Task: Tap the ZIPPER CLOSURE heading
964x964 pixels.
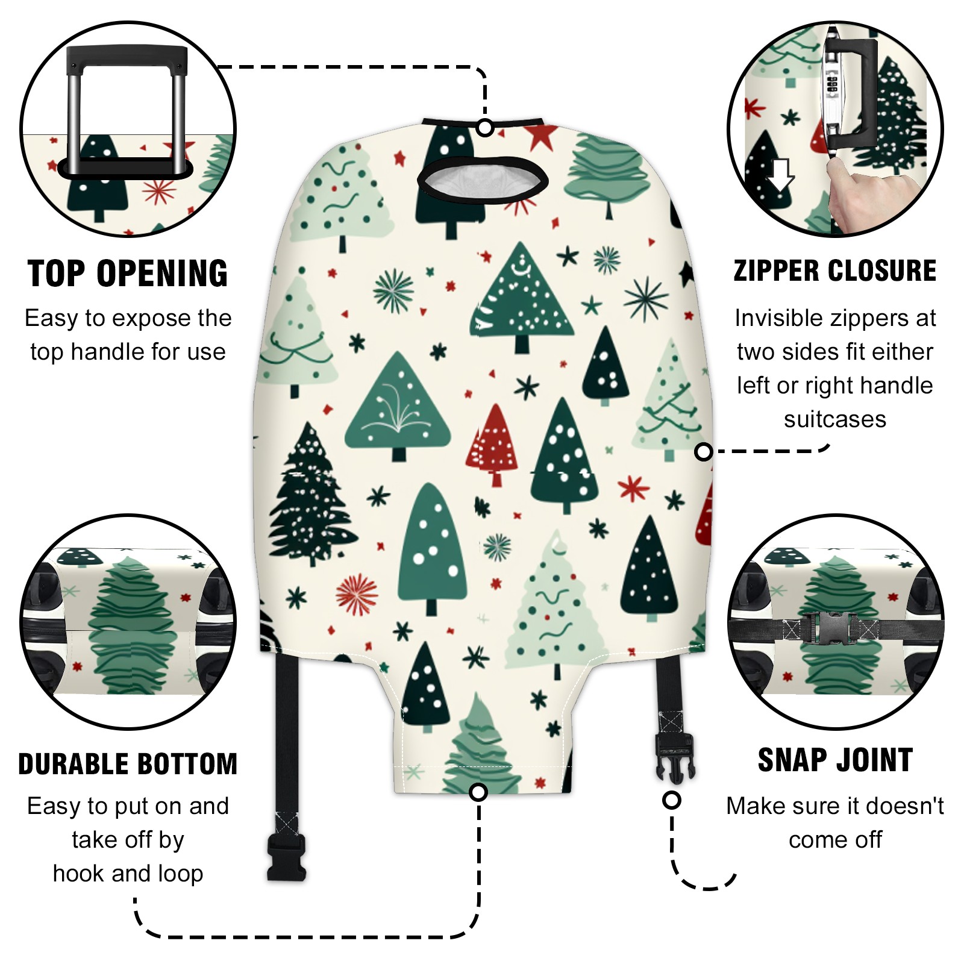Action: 835,271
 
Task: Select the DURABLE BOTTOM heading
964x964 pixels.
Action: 128,764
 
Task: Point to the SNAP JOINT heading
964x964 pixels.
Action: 835,760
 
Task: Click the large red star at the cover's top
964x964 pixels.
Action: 539,137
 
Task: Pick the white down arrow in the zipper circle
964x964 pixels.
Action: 781,175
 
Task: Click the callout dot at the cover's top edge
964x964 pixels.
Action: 485,128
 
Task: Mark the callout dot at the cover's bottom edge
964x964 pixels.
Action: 478,792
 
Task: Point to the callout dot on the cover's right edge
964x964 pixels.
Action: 704,451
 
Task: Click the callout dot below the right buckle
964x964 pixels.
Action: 671,800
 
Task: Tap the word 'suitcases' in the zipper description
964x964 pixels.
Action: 835,419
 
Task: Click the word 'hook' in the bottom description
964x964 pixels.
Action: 78,873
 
